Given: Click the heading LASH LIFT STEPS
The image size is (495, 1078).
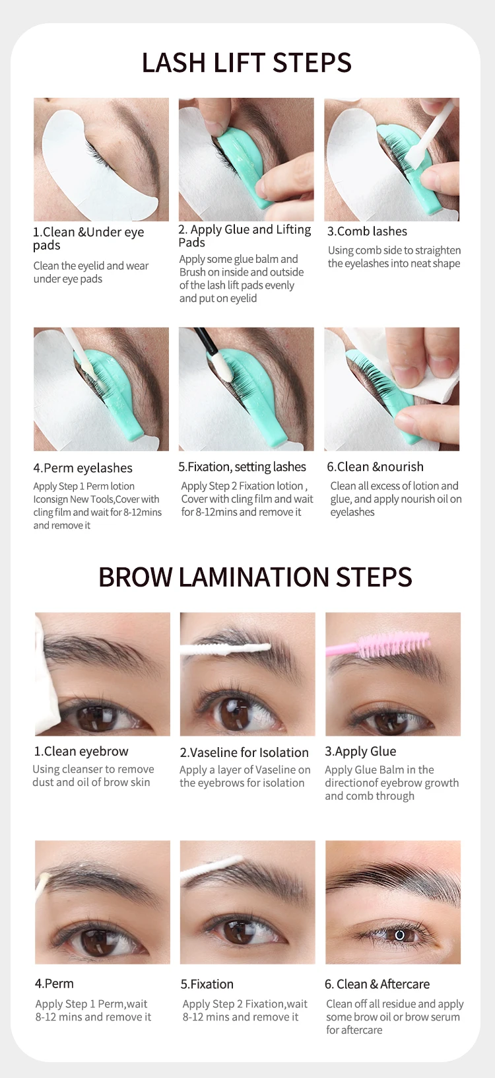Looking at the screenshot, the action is click(247, 63).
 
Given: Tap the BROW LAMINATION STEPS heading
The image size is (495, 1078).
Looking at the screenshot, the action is click(255, 577).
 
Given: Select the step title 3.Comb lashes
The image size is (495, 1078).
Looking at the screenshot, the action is click(367, 231).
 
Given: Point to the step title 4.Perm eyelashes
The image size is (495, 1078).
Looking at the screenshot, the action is click(82, 468).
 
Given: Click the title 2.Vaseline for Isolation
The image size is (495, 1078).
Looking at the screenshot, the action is click(244, 752).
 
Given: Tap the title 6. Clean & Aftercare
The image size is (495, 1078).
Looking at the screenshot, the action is click(377, 984).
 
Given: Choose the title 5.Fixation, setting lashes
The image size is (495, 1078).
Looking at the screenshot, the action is click(242, 467).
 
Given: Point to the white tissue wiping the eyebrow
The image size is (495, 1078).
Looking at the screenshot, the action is click(48, 673).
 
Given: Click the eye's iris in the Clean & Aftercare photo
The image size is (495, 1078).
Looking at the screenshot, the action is click(400, 935).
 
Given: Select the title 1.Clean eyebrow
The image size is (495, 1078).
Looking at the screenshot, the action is click(81, 751).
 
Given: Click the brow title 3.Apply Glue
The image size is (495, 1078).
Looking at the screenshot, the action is click(360, 752).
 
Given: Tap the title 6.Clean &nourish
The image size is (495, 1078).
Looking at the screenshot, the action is click(376, 467).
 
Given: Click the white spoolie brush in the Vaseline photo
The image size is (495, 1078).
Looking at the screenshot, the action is click(226, 648).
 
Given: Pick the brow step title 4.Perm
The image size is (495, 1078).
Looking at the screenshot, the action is click(54, 984).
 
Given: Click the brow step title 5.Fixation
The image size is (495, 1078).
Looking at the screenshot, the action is click(207, 984).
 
